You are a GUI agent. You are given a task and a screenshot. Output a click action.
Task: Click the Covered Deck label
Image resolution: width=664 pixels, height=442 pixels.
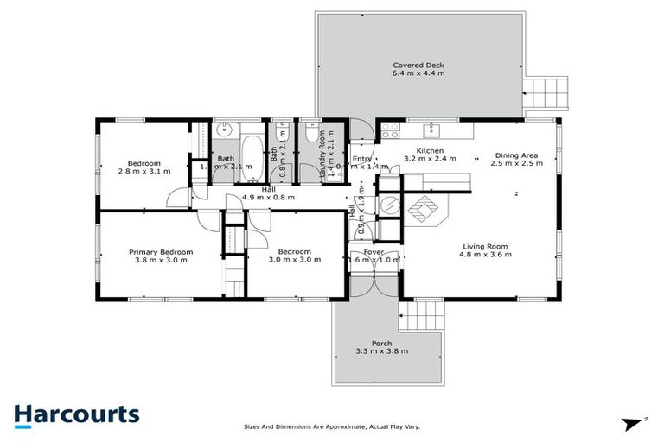coord(418,66)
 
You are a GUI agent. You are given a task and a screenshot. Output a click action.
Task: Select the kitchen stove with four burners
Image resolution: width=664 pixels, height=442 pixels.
coord(390,131)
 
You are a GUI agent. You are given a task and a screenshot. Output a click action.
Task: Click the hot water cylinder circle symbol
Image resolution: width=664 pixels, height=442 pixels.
coord(390,205)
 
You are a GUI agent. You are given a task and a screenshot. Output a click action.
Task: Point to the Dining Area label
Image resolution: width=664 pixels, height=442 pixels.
coord(516,155)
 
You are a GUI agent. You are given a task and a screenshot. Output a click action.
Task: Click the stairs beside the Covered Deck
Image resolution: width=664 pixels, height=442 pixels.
coord(546,92)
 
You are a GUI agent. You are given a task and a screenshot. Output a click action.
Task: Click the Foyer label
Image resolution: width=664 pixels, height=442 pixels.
coord(373,251)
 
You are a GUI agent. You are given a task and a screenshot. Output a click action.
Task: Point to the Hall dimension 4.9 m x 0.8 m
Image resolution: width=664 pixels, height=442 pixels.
coord(269,198)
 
